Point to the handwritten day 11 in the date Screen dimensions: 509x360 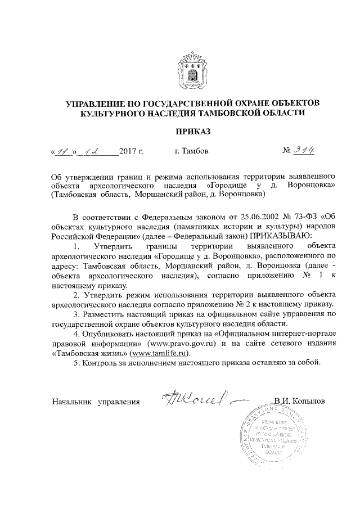(62, 151)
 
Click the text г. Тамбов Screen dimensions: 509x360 (191, 151)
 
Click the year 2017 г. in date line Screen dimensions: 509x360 (132, 152)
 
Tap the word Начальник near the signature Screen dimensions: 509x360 (72, 402)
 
